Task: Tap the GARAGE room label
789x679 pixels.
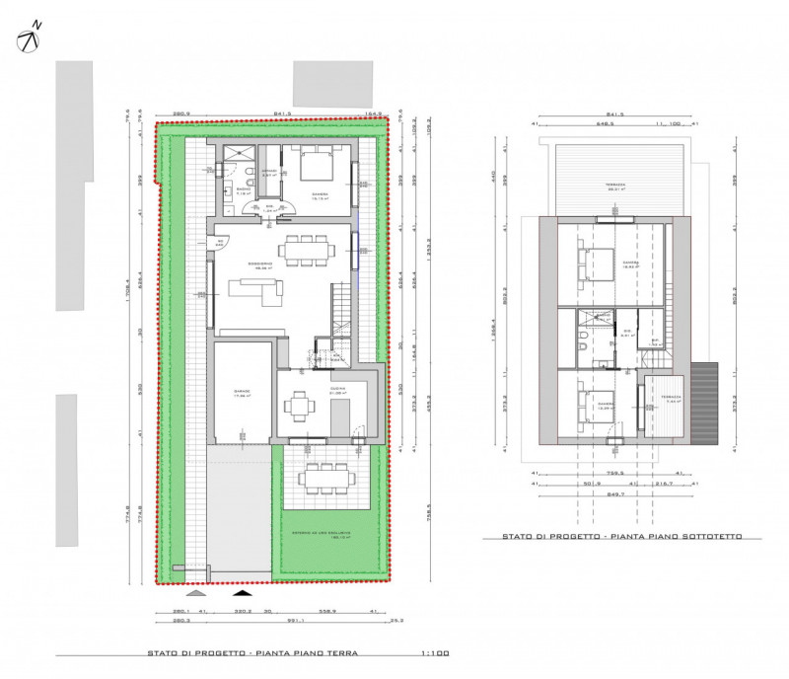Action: (242, 392)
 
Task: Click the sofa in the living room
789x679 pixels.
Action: (253, 290)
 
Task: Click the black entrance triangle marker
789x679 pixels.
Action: (240, 594)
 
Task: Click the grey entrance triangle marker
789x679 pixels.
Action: (196, 594)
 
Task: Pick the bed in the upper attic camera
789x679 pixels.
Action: (595, 264)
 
